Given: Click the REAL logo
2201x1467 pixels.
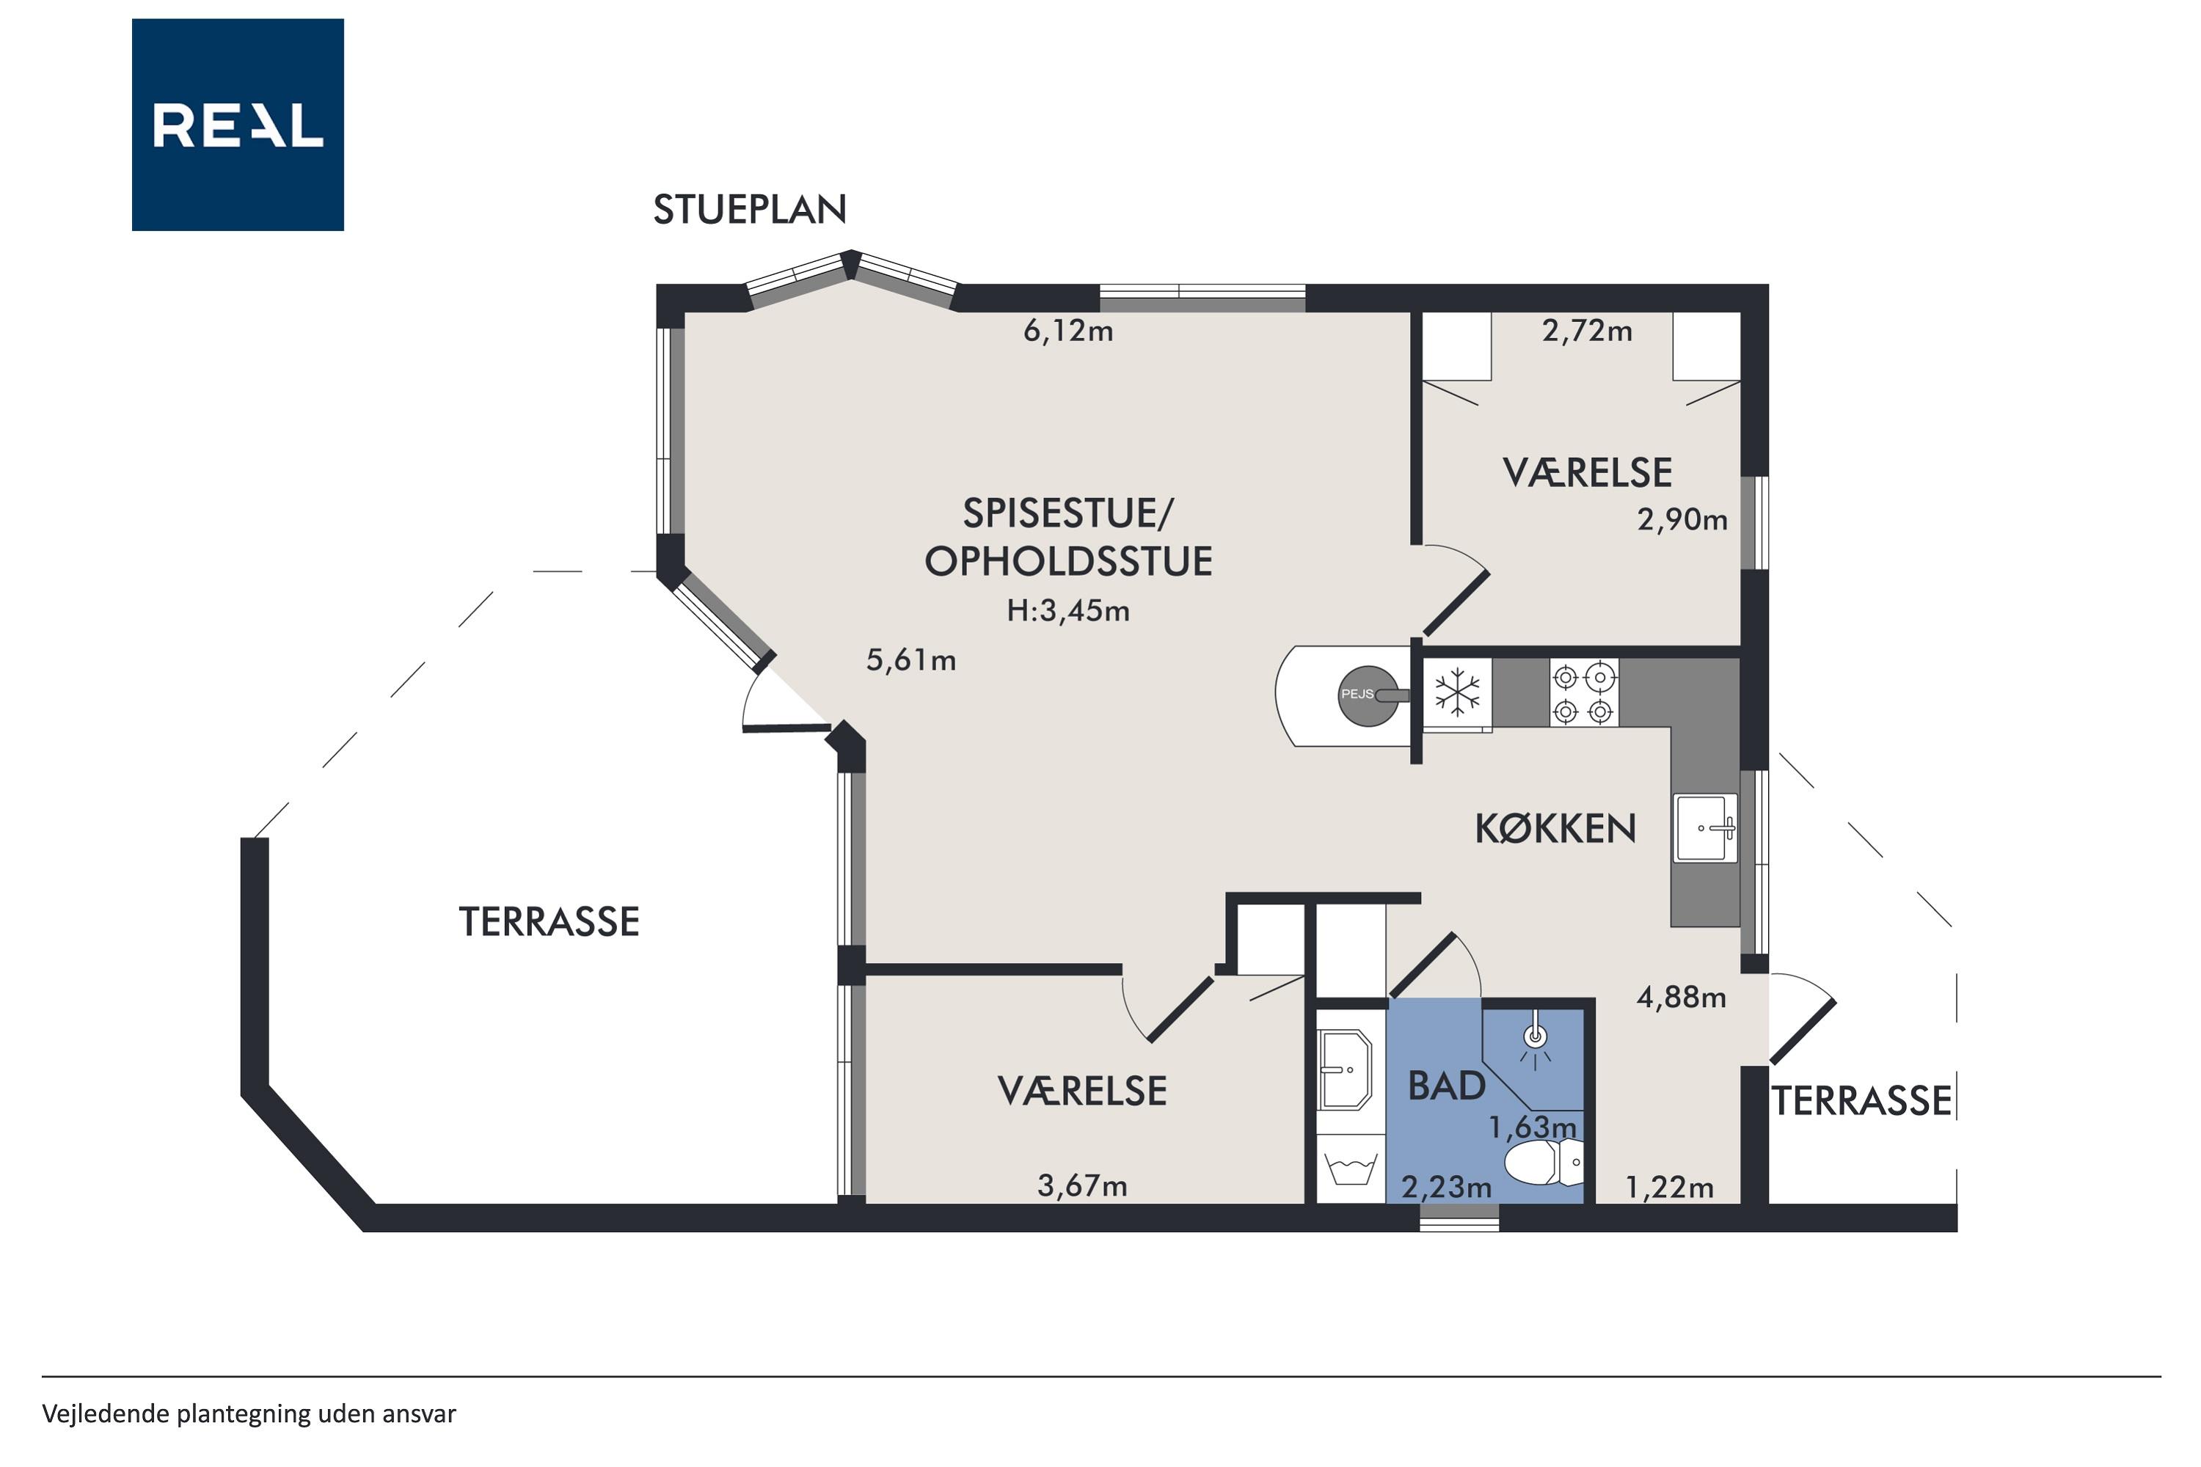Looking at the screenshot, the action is [238, 125].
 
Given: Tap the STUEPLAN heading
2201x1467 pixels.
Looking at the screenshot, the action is [750, 210].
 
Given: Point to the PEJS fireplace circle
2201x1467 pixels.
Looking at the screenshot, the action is [1368, 696].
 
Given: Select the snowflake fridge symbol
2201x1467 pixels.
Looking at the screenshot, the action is [1458, 693].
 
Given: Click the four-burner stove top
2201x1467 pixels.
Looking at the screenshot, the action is [1583, 693].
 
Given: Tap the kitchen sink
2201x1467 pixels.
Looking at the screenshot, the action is [1706, 828].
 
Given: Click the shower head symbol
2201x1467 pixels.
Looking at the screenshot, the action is [1536, 1038].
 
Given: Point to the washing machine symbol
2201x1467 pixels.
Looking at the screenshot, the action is [1351, 1169].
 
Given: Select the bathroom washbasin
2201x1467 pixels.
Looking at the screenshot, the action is [1345, 1069].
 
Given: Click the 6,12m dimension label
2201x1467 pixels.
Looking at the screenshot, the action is [1067, 332].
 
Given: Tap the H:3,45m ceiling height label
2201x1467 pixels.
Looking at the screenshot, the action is [1067, 611].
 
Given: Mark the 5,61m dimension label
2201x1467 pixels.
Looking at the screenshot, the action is [910, 661].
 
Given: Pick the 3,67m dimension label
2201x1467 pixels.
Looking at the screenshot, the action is [1081, 1186].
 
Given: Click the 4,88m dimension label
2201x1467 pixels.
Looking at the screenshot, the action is [1681, 998].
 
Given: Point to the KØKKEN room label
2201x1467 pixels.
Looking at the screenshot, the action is [1555, 829].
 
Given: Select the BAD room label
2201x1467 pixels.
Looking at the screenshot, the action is [1447, 1086].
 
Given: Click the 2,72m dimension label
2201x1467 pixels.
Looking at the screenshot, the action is [1587, 332].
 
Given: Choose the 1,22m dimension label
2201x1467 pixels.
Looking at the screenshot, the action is [1670, 1188].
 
